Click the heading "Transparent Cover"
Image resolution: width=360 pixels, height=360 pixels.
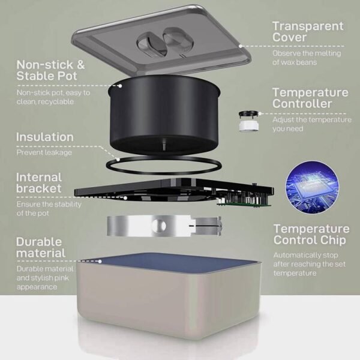pos(308,31)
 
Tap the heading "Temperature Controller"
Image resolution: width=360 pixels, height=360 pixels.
pos(310,98)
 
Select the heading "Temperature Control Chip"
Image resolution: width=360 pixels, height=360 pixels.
pos(311,235)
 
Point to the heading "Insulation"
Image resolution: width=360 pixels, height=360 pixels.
pos(45,137)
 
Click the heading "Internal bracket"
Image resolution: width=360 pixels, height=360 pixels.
pos(39,183)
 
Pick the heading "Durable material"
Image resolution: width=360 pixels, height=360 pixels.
pos(41,247)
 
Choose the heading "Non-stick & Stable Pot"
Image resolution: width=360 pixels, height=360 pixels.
pos(50,70)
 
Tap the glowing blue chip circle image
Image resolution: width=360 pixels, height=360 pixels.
pos(312,188)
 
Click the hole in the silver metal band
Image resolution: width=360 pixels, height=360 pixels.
pos(160,226)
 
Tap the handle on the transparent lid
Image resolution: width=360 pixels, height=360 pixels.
pos(165,41)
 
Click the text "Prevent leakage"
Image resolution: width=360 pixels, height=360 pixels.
pos(44,152)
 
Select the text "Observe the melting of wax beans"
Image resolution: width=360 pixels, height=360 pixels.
pos(307,58)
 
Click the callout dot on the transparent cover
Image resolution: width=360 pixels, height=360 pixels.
pos(241,46)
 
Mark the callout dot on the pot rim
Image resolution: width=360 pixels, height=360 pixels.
pos(120,86)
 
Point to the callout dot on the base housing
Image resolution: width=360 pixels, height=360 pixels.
pos(100,261)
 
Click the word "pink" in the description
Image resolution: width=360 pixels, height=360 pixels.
pos(62,278)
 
